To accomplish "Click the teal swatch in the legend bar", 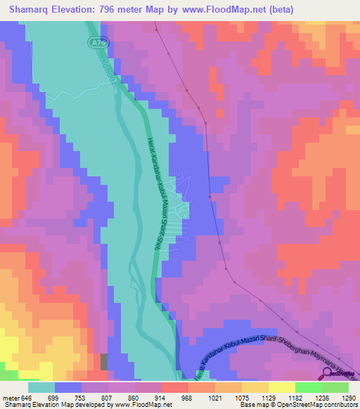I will click(x=41, y=387).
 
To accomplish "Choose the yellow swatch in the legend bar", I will click(x=281, y=387).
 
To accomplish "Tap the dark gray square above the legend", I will click(x=105, y=362).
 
